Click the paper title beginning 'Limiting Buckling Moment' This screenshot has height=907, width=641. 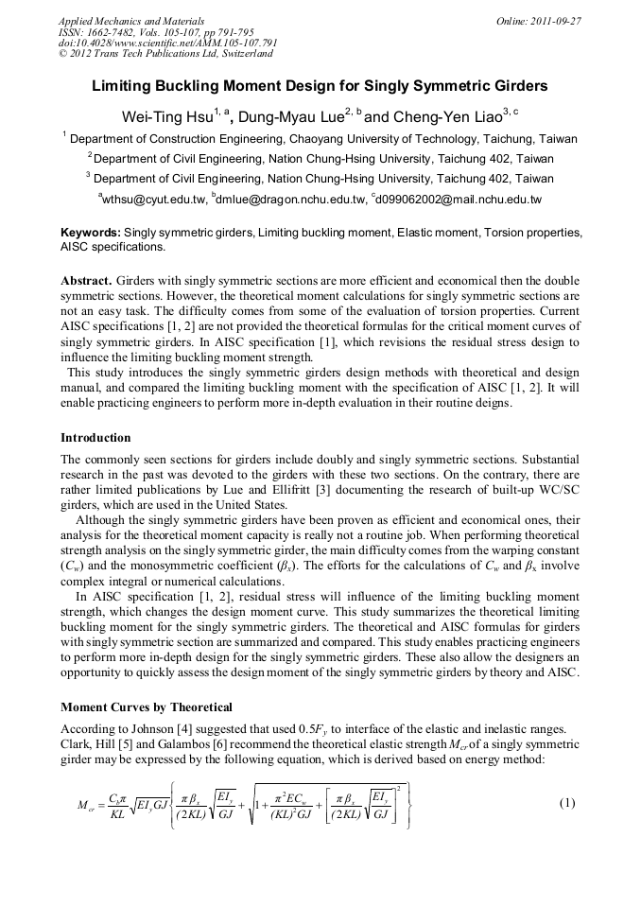[x=320, y=86]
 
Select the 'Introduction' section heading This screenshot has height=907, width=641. [x=95, y=438]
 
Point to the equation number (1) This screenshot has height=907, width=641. [x=567, y=803]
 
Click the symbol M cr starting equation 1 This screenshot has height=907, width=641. [x=85, y=806]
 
